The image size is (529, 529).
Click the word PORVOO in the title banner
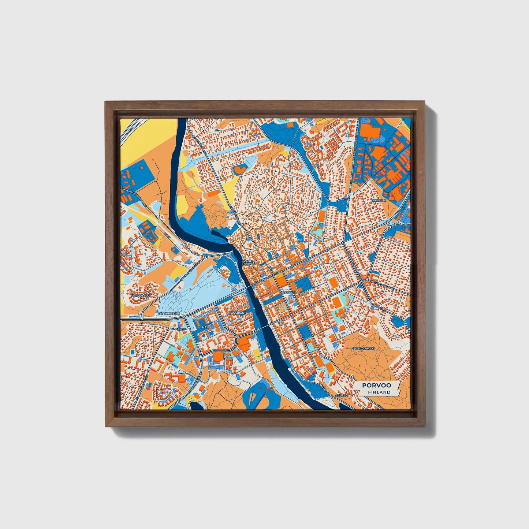376,385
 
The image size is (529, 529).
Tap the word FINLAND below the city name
380,392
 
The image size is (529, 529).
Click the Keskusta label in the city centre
290,293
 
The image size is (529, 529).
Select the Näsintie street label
180,329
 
